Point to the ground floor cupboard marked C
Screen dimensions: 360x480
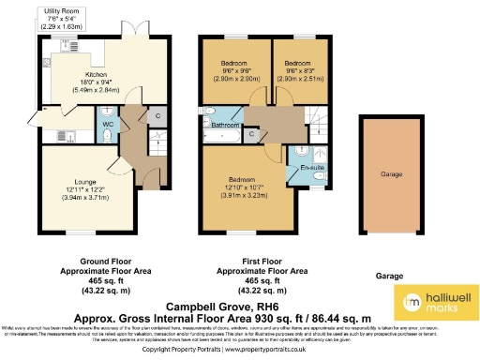click(x=156, y=116)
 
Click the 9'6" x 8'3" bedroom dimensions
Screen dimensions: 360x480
click(x=300, y=71)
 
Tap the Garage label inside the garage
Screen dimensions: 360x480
click(x=391, y=174)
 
